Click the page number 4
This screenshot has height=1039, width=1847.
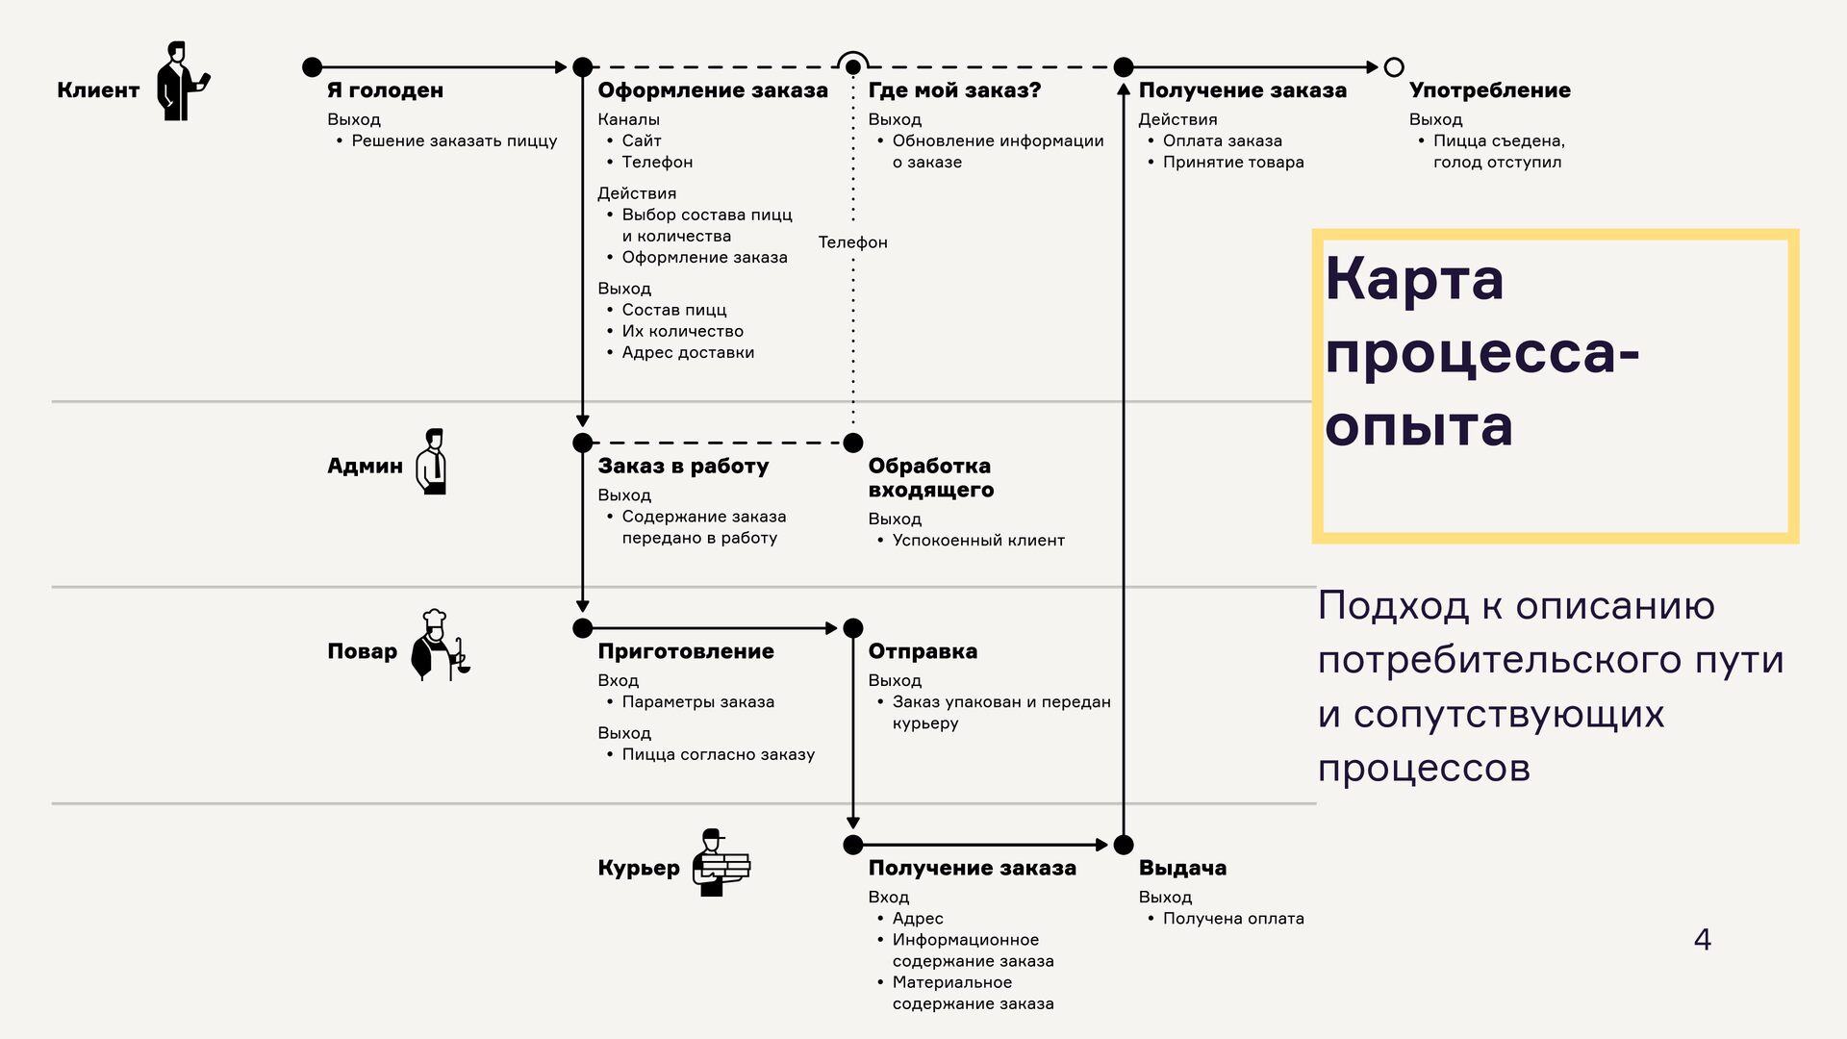[x=1702, y=939]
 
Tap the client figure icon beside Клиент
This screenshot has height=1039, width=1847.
[x=182, y=81]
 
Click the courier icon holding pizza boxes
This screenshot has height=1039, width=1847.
[x=720, y=863]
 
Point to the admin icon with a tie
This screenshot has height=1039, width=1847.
[x=432, y=462]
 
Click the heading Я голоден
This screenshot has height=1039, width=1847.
[x=385, y=90]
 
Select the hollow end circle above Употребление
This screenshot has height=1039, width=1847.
[x=1393, y=67]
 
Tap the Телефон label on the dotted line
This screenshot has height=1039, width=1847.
[x=852, y=242]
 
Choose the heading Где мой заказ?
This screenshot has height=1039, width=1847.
[x=954, y=90]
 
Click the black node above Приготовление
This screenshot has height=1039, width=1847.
[x=582, y=628]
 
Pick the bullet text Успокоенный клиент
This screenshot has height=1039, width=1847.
[x=978, y=541]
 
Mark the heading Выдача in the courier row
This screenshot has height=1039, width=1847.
[x=1182, y=868]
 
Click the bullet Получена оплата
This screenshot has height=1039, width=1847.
[x=1233, y=919]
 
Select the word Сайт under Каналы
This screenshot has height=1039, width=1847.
[x=641, y=140]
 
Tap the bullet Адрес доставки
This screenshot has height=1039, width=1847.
[x=688, y=352]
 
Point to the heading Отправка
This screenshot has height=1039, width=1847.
[x=922, y=651]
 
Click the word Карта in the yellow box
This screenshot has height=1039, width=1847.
[x=1413, y=279]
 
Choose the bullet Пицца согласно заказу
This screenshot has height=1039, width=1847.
[x=718, y=754]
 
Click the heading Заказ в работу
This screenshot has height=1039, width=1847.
[x=683, y=467]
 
